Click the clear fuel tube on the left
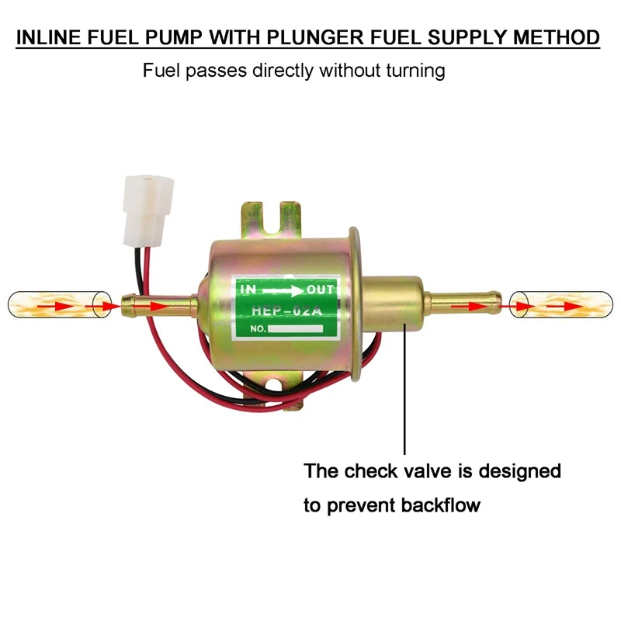(54, 304)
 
